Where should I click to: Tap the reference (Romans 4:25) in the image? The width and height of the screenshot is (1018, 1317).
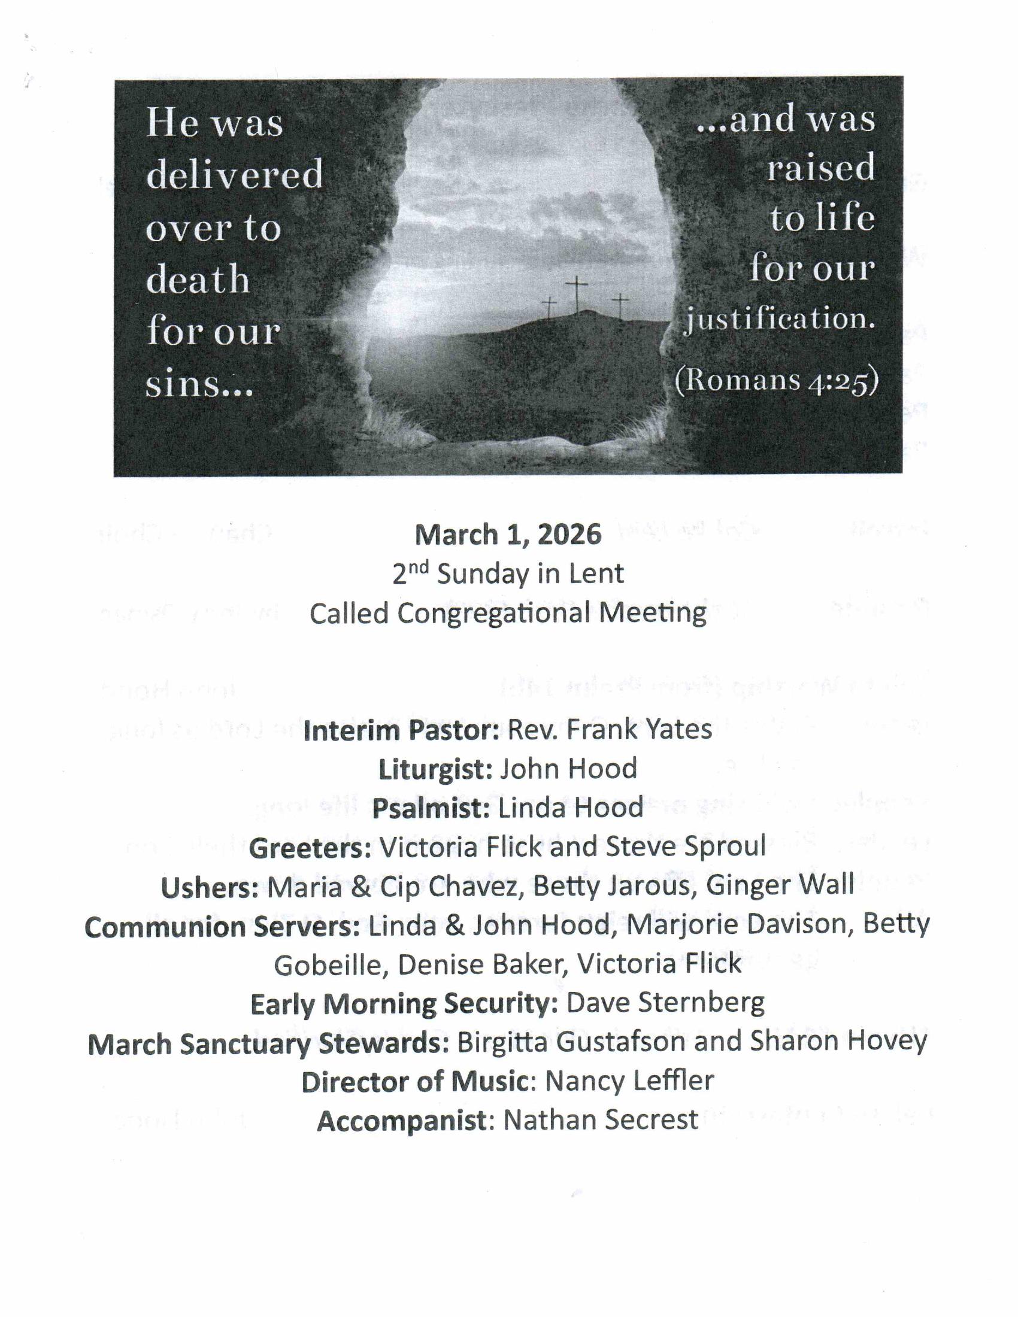click(776, 380)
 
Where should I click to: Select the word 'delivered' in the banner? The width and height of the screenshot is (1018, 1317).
click(235, 175)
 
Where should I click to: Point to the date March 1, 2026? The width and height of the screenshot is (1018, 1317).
click(508, 535)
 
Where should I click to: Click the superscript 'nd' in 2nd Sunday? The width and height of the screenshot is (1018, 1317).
click(419, 566)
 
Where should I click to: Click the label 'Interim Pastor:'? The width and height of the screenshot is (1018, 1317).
click(401, 730)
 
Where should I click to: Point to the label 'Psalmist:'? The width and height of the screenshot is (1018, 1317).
click(431, 809)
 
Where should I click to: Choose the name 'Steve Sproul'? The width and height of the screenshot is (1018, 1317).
click(685, 846)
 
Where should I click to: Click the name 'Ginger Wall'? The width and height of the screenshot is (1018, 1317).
click(780, 885)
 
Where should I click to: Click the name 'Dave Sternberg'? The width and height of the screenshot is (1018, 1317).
click(665, 1003)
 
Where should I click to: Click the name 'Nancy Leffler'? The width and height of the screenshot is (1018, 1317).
click(629, 1080)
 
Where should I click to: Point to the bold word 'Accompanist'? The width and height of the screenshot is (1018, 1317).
click(402, 1121)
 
